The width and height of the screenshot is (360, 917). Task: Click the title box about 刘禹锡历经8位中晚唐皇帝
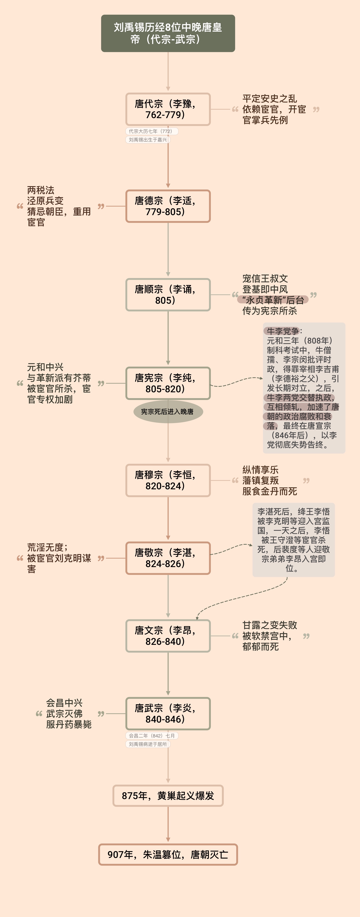tap(168, 33)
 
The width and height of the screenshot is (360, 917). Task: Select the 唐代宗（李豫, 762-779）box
tap(168, 109)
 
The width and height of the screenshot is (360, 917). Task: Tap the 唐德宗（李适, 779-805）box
tap(168, 206)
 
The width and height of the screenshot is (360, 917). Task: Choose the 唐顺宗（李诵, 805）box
tap(168, 295)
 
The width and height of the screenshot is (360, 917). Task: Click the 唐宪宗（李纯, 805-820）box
tap(168, 383)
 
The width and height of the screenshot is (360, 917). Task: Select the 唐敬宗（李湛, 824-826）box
tap(168, 558)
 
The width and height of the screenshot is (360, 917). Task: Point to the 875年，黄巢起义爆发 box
tap(168, 796)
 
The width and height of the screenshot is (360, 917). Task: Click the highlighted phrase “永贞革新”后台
tap(273, 300)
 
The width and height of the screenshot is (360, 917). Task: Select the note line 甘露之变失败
tap(270, 625)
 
